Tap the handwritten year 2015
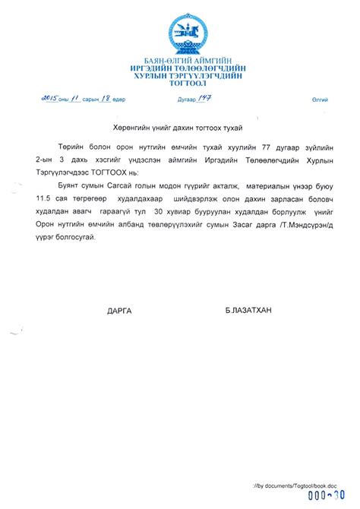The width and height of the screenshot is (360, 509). pyautogui.click(x=51, y=98)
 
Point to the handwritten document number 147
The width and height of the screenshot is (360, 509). pyautogui.click(x=201, y=98)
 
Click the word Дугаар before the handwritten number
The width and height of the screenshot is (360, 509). pyautogui.click(x=178, y=100)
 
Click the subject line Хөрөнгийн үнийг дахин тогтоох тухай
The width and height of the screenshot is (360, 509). pyautogui.click(x=179, y=126)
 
